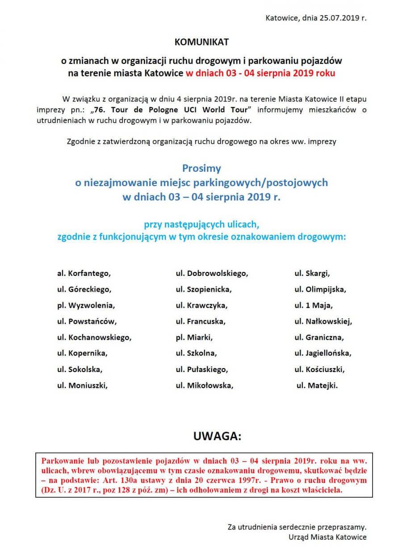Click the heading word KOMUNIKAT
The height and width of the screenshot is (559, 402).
point(201,42)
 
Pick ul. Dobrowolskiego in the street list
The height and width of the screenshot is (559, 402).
point(212,273)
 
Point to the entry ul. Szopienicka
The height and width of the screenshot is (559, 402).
point(204,289)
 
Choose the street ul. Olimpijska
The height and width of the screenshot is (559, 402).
point(320,289)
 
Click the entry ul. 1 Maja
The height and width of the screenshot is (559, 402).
point(314,305)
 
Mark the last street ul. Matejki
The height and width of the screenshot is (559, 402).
point(317,385)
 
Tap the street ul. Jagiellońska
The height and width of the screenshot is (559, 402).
point(323,353)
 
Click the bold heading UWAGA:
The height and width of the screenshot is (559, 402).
point(217,436)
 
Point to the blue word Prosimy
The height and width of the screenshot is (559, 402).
point(201,169)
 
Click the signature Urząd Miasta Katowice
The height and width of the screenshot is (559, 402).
point(328,537)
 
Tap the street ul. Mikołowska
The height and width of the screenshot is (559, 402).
point(205,385)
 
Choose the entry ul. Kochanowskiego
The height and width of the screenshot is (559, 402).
point(94,337)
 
